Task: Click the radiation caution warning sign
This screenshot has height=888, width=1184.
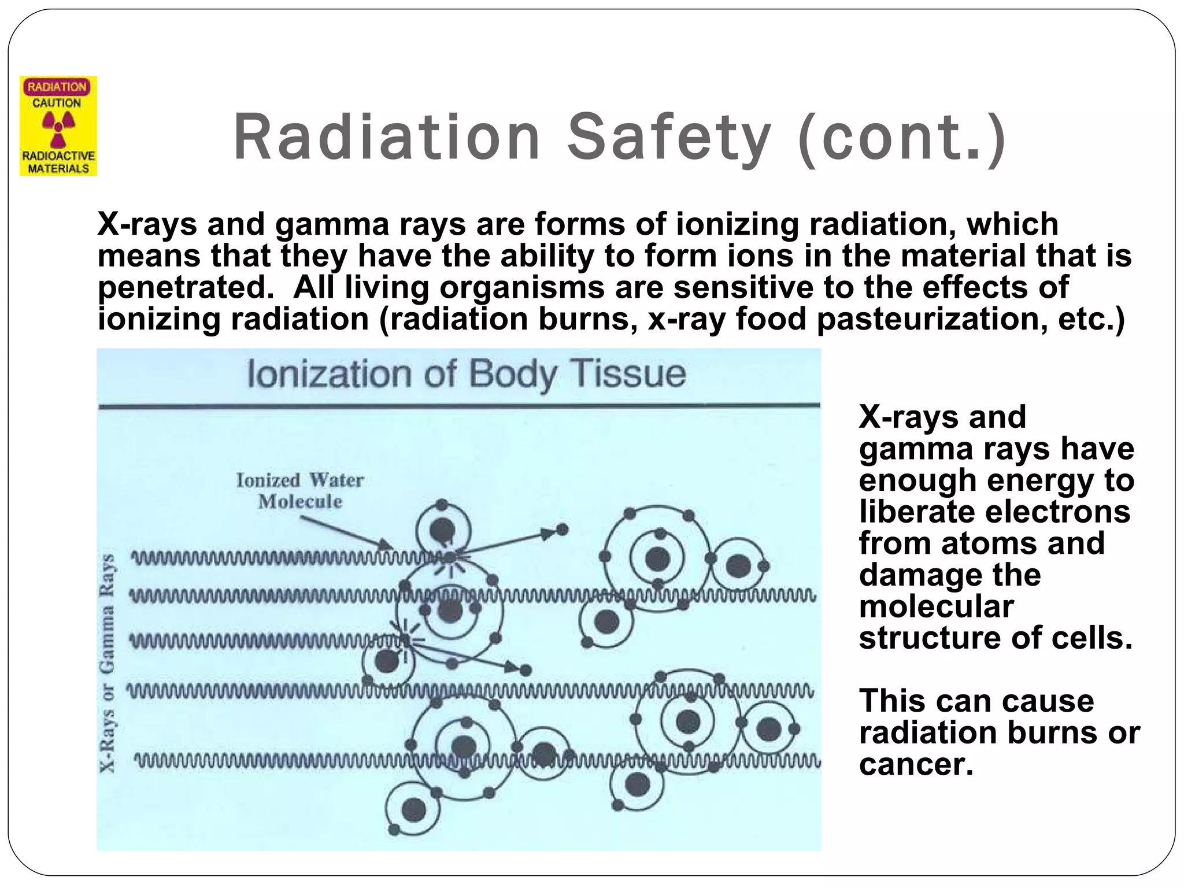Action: pyautogui.click(x=58, y=126)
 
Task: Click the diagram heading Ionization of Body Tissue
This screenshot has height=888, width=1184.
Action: pyautogui.click(x=467, y=374)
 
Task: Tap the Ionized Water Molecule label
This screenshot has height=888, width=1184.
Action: pyautogui.click(x=299, y=490)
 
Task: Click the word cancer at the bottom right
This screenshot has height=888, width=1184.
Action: pyautogui.click(x=916, y=764)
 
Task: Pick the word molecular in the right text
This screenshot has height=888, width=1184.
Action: pyautogui.click(x=937, y=606)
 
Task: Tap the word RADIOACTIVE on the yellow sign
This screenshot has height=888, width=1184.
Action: pyautogui.click(x=58, y=156)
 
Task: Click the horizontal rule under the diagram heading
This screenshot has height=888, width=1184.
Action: pyautogui.click(x=459, y=406)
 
